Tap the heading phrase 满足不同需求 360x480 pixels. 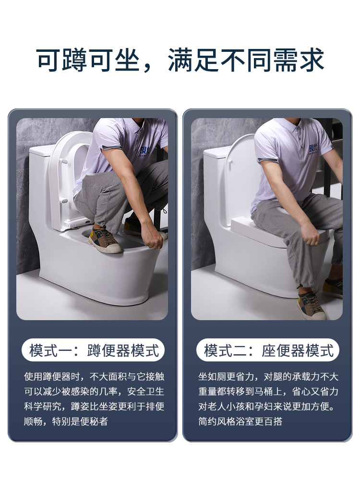[x=246, y=60]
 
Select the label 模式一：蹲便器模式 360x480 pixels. [x=94, y=350]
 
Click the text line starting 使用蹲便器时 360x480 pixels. [x=94, y=376]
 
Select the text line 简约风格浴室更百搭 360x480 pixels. [x=240, y=421]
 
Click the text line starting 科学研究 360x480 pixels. [x=94, y=407]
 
